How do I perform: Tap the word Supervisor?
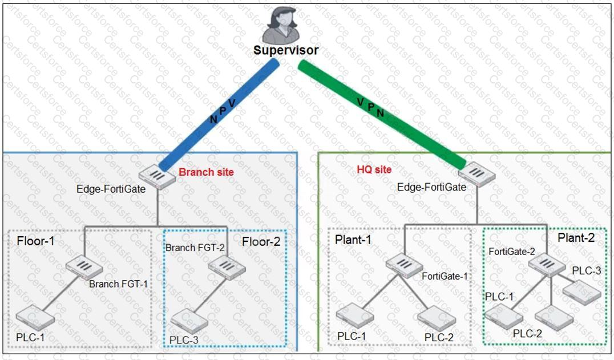286,50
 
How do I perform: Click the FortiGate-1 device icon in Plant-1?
401,264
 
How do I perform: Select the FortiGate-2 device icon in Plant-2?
542,263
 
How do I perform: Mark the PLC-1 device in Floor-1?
32,316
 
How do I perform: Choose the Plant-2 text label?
575,238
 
